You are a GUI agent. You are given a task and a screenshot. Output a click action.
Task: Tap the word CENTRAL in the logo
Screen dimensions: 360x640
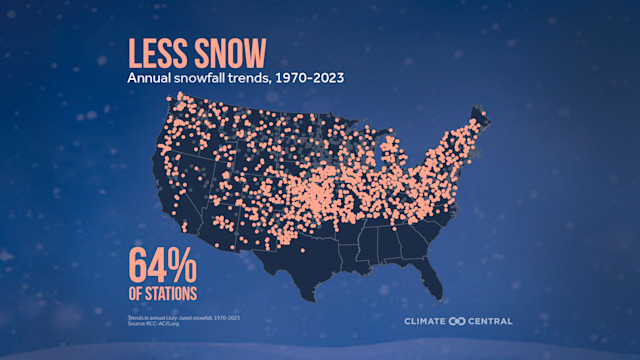click(x=486, y=321)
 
